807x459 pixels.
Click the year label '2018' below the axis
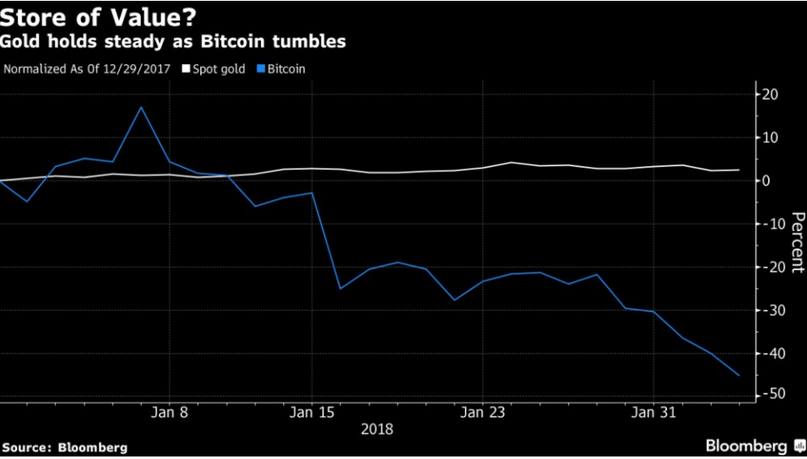376,429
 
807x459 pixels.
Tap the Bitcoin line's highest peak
142,107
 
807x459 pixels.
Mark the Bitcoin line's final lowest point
739,375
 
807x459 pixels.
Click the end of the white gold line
739,170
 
